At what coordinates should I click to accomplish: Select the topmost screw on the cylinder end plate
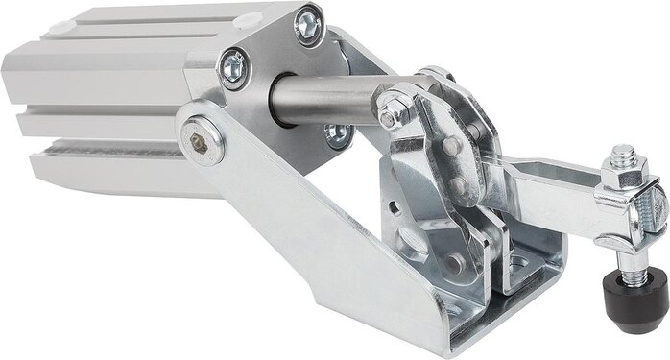[x=307, y=26]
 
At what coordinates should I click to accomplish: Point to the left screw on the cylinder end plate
[x=232, y=66]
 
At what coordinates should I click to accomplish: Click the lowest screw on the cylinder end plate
[x=336, y=135]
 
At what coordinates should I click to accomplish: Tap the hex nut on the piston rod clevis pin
[x=389, y=118]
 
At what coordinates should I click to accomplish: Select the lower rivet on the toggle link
[x=459, y=184]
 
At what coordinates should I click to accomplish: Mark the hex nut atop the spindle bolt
[x=622, y=179]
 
